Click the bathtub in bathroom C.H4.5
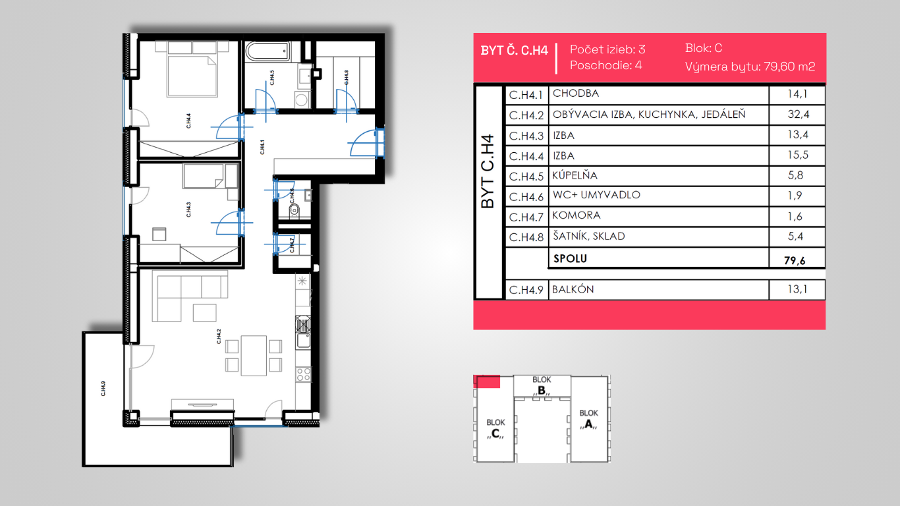pos(267,51)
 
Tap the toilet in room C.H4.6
pos(295,210)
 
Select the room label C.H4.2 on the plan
pos(219,337)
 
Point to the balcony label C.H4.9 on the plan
pos(103,389)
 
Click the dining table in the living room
pos(254,356)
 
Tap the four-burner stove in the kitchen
pos(303,374)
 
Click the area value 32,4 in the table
pos(799,114)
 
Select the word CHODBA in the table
pos(576,94)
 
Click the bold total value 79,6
pos(795,260)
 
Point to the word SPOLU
pos(570,258)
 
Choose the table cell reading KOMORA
pos(576,215)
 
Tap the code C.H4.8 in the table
pos(526,237)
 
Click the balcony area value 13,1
pos(797,289)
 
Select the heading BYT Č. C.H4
pos(515,51)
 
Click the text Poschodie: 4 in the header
pos(606,65)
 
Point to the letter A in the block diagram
pos(588,424)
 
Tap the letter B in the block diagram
pos(542,390)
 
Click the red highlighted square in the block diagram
pos(487,381)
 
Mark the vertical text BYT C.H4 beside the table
pos(488,171)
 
